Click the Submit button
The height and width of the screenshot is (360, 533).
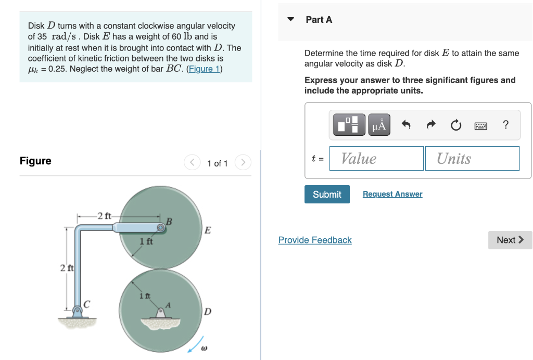[x=327, y=194]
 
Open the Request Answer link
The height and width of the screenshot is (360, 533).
[x=392, y=194]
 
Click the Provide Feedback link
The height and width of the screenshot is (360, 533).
[x=315, y=240]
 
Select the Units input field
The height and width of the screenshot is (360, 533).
[x=472, y=158]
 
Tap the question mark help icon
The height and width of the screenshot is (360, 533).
[x=505, y=125]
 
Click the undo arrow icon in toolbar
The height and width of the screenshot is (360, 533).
[x=407, y=125]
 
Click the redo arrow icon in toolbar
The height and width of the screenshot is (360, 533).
[x=432, y=125]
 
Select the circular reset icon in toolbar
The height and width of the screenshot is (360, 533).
[x=455, y=125]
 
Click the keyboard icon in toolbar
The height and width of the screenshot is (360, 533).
[x=480, y=125]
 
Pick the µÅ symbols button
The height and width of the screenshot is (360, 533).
[x=379, y=125]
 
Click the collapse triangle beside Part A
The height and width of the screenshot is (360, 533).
[x=291, y=20]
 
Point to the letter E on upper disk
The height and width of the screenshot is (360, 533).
[x=208, y=230]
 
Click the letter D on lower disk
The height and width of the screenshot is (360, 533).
[x=208, y=312]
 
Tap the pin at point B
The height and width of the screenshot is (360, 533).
[x=161, y=227]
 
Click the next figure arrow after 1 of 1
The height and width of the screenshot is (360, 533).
[x=243, y=163]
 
